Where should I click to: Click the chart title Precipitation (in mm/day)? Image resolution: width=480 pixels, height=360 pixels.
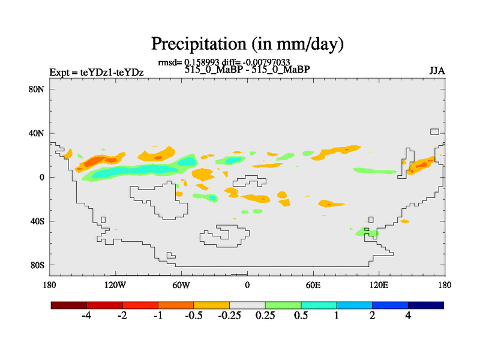pos(247,44)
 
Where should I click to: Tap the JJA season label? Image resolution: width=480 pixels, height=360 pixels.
pos(437,71)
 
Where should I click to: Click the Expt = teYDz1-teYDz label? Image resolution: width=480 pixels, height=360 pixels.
pos(96,73)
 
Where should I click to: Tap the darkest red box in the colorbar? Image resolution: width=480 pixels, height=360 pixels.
pos(69,305)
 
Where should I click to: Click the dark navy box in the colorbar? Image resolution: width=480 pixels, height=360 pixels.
pos(425,305)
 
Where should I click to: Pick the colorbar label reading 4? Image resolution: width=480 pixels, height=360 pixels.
pos(408,316)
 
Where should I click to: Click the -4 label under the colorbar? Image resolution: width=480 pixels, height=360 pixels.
pos(86,316)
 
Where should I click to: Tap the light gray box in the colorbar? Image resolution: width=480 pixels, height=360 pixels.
pos(247,305)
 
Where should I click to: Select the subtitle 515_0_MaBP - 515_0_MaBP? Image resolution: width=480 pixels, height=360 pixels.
pos(247,69)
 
